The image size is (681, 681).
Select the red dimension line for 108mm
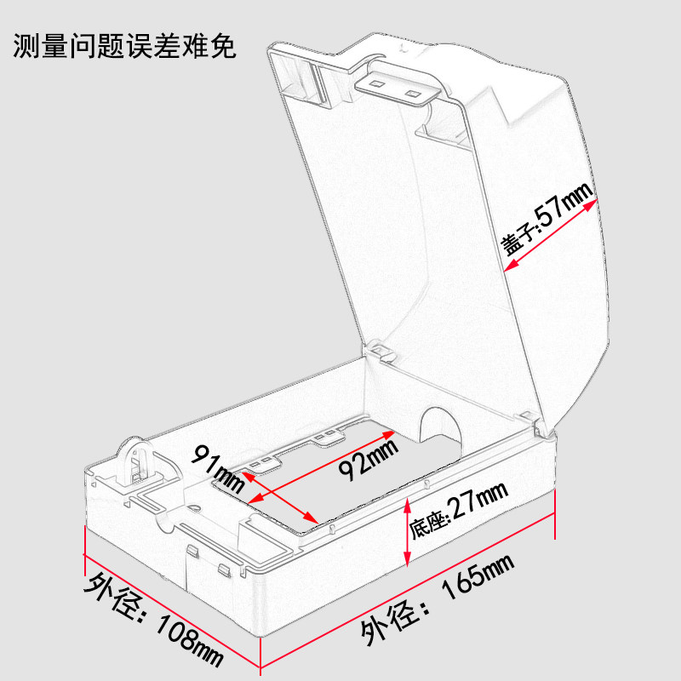tap(171, 609)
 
